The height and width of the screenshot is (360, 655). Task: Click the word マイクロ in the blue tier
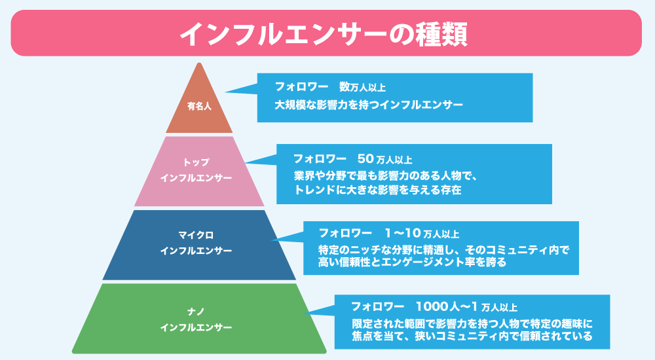point(196,235)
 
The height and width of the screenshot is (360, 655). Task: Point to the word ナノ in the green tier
point(196,311)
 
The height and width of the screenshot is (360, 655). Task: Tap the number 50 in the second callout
point(365,159)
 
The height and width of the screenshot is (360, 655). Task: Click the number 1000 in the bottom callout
point(430,306)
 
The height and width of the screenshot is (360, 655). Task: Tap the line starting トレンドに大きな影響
point(378,190)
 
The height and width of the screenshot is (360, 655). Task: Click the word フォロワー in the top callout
point(302,87)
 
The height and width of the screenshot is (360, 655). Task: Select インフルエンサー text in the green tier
point(196,327)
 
